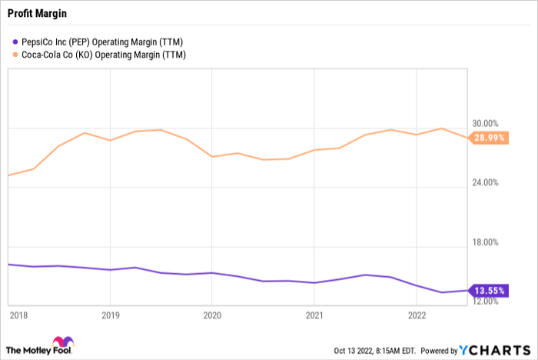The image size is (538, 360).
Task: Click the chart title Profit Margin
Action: [x=37, y=14]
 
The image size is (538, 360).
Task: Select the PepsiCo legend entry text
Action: [x=102, y=42]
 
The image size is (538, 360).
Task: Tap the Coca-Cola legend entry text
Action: [x=104, y=55]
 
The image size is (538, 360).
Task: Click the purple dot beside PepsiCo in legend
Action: [x=15, y=42]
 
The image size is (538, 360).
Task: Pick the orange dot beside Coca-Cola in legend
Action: [x=15, y=55]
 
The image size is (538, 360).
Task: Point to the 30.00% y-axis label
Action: [x=485, y=123]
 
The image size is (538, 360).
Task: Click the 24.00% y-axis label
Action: [x=485, y=182]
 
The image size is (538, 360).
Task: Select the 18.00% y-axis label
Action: [x=485, y=242]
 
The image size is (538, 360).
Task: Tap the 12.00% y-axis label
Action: [x=485, y=302]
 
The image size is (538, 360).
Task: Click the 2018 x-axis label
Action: [x=18, y=315]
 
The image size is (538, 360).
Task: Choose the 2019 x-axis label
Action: [x=110, y=315]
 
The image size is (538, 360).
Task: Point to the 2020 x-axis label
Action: [x=212, y=315]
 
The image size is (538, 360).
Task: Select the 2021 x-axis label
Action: [x=314, y=315]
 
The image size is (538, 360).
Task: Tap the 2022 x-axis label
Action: [x=417, y=315]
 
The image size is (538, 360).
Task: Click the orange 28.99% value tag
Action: [x=489, y=138]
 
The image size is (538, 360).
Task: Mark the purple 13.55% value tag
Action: [x=489, y=291]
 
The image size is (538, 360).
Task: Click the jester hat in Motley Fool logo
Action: [x=63, y=342]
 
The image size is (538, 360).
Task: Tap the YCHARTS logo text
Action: [x=495, y=350]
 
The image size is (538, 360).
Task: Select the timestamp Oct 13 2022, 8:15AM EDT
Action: [x=375, y=351]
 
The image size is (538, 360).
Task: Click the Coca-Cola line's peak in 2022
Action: [x=442, y=128]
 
